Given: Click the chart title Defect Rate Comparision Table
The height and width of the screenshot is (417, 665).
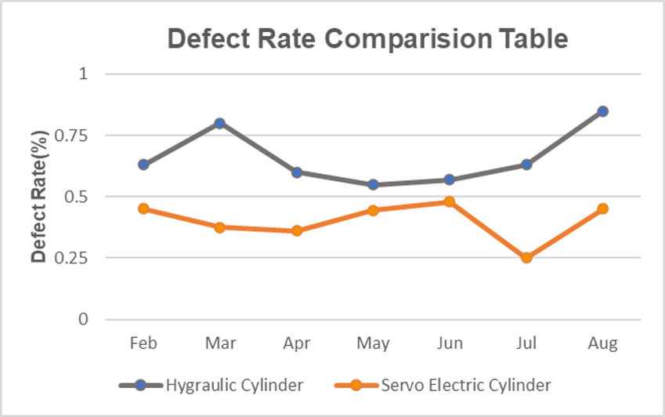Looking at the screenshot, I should click(x=366, y=39).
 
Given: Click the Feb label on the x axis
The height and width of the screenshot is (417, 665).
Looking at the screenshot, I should click(x=143, y=344).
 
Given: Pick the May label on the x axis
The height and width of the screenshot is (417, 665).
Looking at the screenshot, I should click(x=373, y=344).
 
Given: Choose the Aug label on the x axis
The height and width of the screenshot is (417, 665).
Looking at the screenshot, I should click(x=603, y=344).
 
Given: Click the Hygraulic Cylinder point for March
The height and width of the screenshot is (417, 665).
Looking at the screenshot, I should click(x=220, y=123).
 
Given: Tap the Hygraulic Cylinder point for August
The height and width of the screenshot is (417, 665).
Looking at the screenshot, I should click(x=603, y=111).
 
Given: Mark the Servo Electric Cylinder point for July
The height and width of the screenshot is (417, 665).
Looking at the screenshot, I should click(x=526, y=257).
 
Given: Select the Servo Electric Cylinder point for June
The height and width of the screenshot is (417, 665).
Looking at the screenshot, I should click(x=450, y=201).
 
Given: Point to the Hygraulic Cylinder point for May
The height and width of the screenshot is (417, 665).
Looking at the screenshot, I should click(x=373, y=184).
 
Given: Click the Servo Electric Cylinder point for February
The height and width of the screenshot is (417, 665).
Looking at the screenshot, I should click(x=143, y=208).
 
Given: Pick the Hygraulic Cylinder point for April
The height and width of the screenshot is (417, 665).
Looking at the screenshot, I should click(x=297, y=172).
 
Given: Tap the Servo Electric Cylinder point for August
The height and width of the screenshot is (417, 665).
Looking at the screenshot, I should click(x=603, y=208).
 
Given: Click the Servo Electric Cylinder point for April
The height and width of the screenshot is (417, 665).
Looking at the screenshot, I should click(x=297, y=230).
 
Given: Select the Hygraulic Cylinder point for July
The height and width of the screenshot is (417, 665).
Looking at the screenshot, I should click(x=526, y=165).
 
